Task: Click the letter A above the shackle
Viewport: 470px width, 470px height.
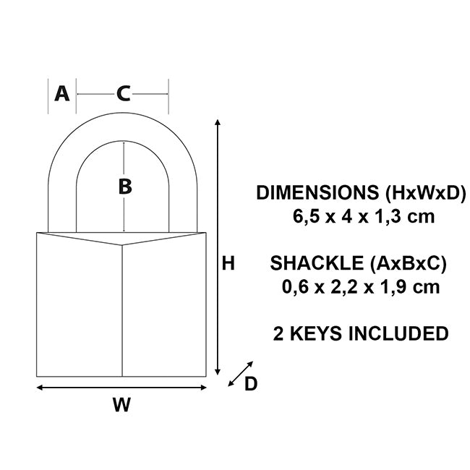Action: pyautogui.click(x=62, y=93)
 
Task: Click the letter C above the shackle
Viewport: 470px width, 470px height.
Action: pyautogui.click(x=124, y=93)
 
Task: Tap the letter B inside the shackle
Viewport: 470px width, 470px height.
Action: pyautogui.click(x=125, y=187)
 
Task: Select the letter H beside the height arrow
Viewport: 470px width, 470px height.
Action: pyautogui.click(x=228, y=265)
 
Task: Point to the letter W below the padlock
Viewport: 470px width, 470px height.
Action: pyautogui.click(x=121, y=405)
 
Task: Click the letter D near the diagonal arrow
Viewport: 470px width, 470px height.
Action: pyautogui.click(x=250, y=384)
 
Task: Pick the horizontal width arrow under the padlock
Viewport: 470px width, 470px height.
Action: pyautogui.click(x=121, y=388)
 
